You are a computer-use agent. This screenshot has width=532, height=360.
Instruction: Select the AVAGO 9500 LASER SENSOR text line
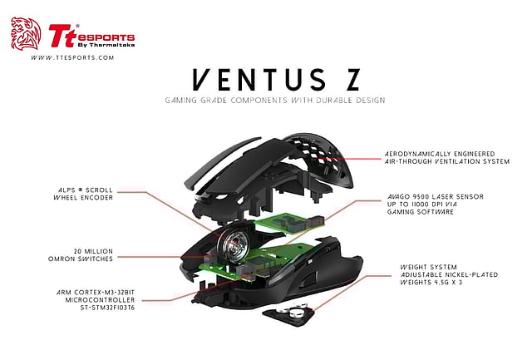pyautogui.click(x=433, y=198)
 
